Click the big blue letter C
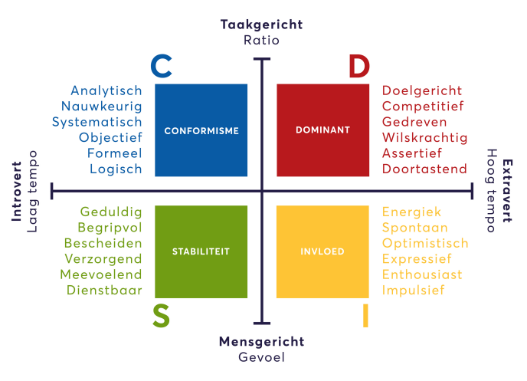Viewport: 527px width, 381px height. [x=161, y=66]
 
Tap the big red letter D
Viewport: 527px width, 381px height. [x=359, y=67]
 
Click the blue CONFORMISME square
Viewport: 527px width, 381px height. [x=201, y=130]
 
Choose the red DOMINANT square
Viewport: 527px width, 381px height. [x=322, y=130]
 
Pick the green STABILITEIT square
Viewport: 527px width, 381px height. [x=201, y=251]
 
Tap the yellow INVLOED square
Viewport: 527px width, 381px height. [x=322, y=251]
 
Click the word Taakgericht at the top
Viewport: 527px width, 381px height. [x=261, y=25]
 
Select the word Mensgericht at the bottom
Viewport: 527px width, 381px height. [x=261, y=341]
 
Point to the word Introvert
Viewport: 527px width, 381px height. [x=16, y=191]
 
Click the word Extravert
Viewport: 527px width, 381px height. [x=507, y=191]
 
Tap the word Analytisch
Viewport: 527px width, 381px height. [x=106, y=90]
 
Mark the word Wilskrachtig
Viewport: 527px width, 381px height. [x=424, y=137]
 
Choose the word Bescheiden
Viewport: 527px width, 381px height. [x=110, y=243]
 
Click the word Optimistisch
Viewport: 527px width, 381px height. [x=425, y=243]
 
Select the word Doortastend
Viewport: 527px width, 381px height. [x=424, y=169]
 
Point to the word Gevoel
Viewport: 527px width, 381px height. [x=261, y=356]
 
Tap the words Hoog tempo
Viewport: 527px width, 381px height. [x=492, y=191]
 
